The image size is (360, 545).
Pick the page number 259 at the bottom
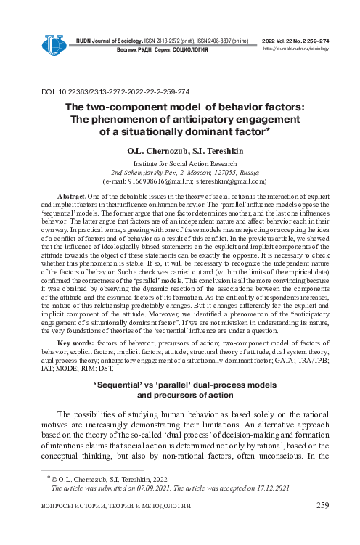tap(324, 506)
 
